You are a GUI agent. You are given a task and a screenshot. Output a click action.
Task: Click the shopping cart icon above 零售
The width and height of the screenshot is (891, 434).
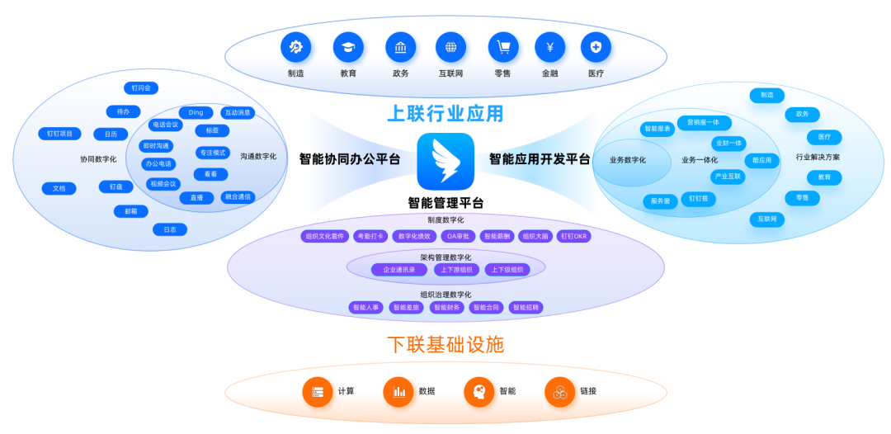tap(503, 47)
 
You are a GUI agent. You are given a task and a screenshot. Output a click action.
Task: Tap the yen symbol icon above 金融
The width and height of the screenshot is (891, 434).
tap(549, 47)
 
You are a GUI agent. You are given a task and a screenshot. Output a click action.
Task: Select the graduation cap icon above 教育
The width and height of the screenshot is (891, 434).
tap(348, 47)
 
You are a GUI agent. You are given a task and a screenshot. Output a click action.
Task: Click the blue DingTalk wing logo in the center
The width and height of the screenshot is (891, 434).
tap(445, 162)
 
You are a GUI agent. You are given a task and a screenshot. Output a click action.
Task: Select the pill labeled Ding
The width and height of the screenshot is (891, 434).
tap(196, 112)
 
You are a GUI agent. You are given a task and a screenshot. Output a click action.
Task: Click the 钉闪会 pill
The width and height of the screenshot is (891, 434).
tap(140, 88)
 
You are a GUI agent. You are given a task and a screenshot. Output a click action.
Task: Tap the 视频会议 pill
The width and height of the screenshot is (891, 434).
tap(163, 184)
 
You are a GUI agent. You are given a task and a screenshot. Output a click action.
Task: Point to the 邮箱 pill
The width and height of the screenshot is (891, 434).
tap(131, 211)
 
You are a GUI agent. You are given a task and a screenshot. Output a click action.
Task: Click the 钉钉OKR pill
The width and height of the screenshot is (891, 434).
tap(574, 236)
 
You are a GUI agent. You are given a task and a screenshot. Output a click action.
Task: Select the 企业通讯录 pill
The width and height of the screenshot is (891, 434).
tap(399, 270)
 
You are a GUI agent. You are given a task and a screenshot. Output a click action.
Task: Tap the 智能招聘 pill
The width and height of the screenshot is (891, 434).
tap(526, 308)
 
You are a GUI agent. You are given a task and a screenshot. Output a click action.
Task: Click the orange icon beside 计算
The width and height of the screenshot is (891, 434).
tap(318, 392)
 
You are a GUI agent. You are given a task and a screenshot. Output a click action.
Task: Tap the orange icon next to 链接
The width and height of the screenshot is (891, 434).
tap(559, 392)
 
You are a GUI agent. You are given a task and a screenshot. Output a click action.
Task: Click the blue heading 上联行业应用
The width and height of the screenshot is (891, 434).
tap(445, 112)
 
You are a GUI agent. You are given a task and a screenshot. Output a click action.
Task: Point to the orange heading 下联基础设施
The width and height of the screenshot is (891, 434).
tap(445, 344)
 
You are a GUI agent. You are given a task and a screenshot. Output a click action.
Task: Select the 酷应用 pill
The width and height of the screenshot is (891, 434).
tap(762, 161)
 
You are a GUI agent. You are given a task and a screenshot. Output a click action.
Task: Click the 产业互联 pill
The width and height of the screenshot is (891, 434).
tap(728, 177)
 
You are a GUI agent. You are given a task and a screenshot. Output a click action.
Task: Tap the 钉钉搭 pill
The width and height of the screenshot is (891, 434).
tap(698, 199)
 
